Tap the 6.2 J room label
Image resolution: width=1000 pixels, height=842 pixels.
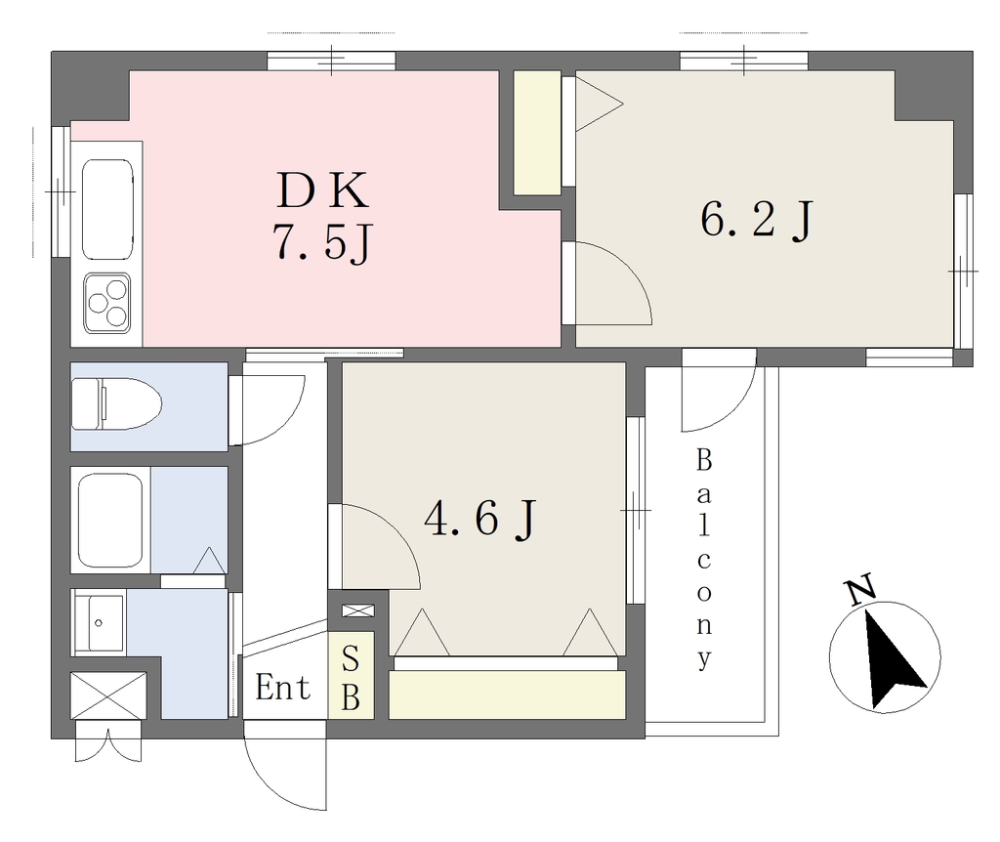tap(757, 220)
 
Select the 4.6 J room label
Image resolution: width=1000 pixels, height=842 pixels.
tap(479, 519)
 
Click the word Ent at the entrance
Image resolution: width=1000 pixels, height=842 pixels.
tap(282, 688)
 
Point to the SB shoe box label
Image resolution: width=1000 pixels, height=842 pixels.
tap(351, 678)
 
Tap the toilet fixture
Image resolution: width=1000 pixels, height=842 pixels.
tap(116, 403)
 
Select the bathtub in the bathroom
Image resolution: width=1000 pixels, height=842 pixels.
tap(109, 520)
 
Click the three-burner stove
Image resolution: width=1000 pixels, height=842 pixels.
tap(107, 303)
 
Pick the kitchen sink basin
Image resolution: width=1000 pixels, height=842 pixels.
tap(107, 209)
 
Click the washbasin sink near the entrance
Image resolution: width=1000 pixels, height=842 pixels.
tap(99, 623)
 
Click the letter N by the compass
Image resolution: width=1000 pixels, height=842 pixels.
tap(859, 591)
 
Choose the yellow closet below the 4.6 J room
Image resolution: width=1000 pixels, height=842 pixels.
tap(507, 695)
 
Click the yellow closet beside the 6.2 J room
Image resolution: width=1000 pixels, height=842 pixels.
tap(538, 132)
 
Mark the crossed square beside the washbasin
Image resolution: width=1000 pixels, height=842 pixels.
tap(108, 695)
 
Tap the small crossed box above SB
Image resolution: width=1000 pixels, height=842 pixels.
tap(357, 610)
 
